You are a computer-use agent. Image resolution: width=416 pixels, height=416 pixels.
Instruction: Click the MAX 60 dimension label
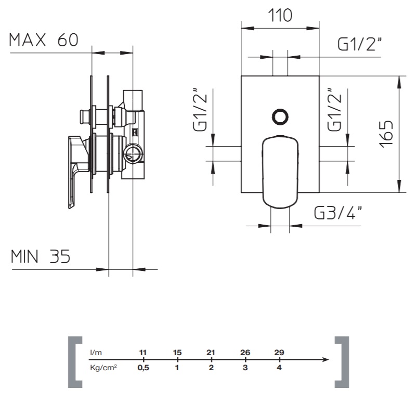[x=44, y=40]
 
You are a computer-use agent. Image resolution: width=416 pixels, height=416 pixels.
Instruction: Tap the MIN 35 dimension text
[x=41, y=256]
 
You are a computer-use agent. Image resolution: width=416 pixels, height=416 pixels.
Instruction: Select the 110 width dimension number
[x=280, y=16]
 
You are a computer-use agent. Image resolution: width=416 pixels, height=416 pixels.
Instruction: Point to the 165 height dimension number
[x=386, y=134]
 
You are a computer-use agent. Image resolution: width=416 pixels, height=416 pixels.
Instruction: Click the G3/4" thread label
[x=338, y=212]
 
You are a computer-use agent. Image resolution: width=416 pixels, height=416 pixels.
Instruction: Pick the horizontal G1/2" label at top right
[x=359, y=44]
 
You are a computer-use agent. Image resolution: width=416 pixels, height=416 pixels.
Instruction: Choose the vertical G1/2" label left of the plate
[x=200, y=110]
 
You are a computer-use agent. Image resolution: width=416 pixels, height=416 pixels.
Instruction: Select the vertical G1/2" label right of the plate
[x=334, y=110]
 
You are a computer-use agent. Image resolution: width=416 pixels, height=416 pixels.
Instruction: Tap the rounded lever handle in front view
[x=280, y=172]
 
